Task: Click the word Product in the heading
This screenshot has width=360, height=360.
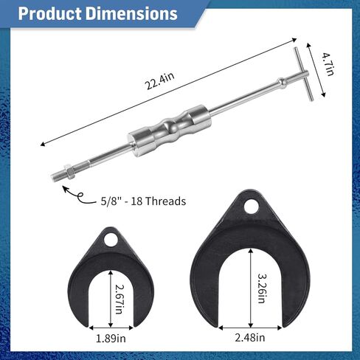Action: coord(50,13)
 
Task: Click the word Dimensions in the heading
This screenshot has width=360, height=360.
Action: coord(131,13)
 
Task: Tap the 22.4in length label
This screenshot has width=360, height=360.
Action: coord(160,81)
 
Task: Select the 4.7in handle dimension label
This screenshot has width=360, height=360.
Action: coord(328,64)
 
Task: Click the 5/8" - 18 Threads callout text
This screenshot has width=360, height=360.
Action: coord(143,201)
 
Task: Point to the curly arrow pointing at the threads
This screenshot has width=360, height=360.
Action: coord(78,196)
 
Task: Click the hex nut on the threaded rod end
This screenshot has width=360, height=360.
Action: coord(69,172)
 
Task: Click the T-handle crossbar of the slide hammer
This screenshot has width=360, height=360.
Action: coord(304,74)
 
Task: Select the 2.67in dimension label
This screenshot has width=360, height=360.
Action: coord(120,300)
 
